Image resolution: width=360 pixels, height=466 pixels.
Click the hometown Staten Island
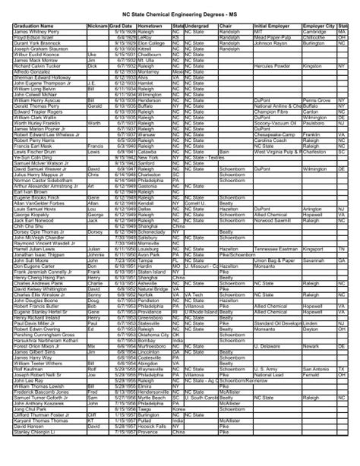point(153,271)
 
